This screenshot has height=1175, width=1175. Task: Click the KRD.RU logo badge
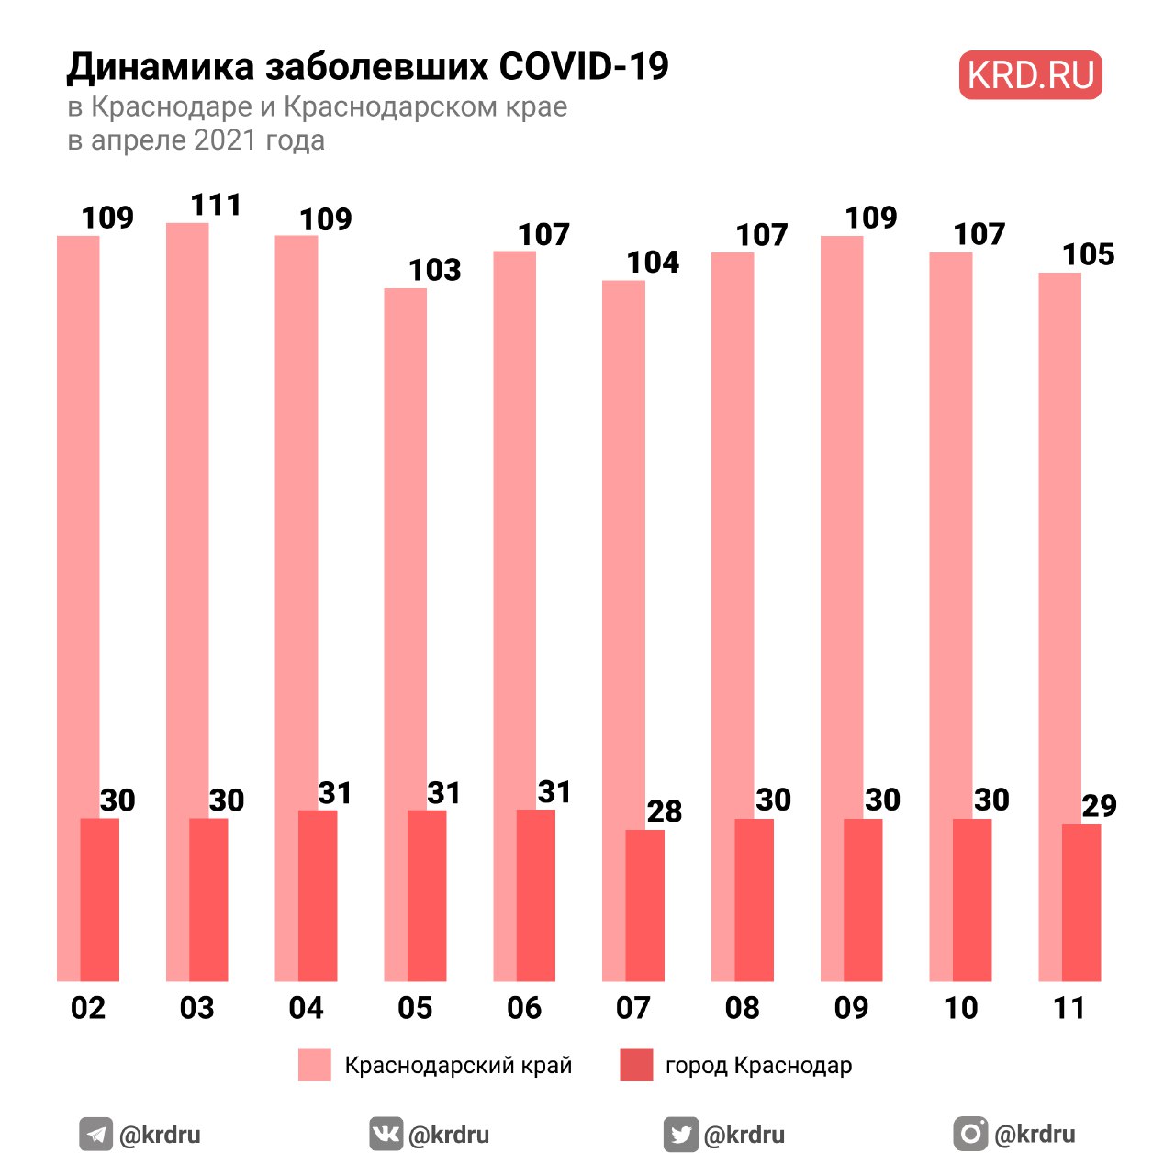[1030, 75]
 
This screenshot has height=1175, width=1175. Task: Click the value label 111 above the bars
[217, 205]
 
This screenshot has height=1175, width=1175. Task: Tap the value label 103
[434, 270]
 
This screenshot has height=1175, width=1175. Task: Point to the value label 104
[653, 263]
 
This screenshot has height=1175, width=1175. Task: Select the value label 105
[1089, 254]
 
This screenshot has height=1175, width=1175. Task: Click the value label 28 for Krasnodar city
[665, 811]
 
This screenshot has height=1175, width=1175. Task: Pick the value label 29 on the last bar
[1099, 806]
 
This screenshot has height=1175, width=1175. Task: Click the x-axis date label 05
[415, 1008]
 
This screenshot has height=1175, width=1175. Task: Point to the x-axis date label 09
[851, 1008]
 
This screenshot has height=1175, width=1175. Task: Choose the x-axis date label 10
[960, 1008]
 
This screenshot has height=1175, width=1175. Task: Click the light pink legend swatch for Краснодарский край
[315, 1065]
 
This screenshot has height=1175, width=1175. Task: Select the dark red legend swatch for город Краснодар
[636, 1065]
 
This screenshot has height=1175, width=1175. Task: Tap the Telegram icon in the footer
[95, 1135]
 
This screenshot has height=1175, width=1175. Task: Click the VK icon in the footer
[386, 1134]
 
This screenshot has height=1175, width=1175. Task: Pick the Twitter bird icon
[680, 1135]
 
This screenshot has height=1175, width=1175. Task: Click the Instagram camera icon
[970, 1134]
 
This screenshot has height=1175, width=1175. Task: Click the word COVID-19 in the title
[584, 67]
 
